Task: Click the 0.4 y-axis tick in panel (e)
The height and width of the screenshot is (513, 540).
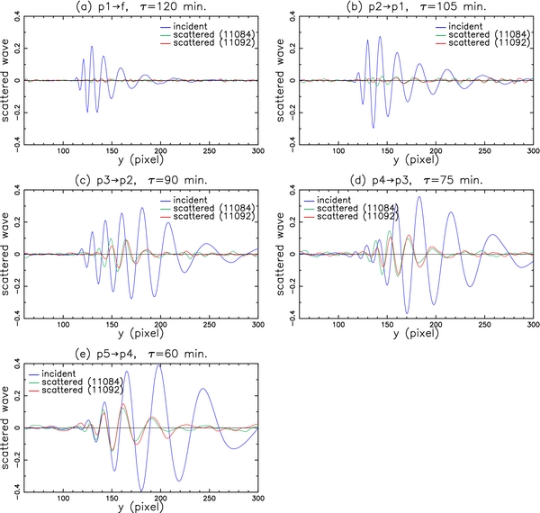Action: point(17,364)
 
